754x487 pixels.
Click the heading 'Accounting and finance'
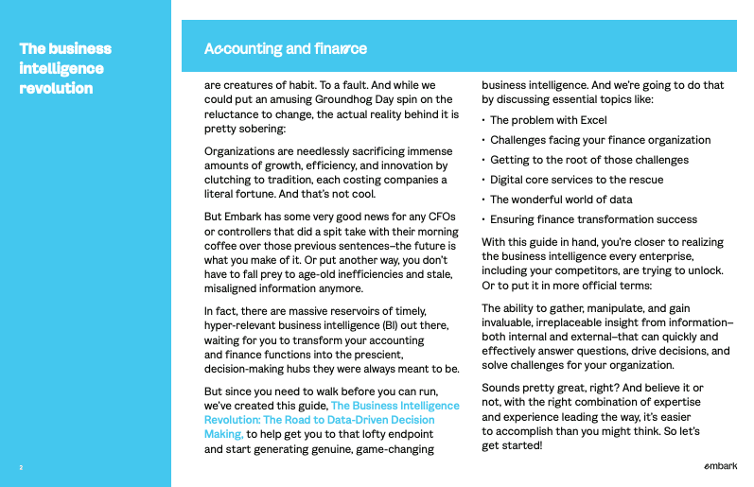click(x=286, y=48)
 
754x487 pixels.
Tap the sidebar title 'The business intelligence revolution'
click(x=65, y=68)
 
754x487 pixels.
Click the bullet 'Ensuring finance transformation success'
click(x=593, y=219)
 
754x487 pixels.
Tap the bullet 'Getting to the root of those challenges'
click(x=588, y=160)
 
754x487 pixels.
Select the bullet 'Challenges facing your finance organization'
click(x=600, y=140)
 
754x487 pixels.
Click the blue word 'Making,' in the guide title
click(x=224, y=434)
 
